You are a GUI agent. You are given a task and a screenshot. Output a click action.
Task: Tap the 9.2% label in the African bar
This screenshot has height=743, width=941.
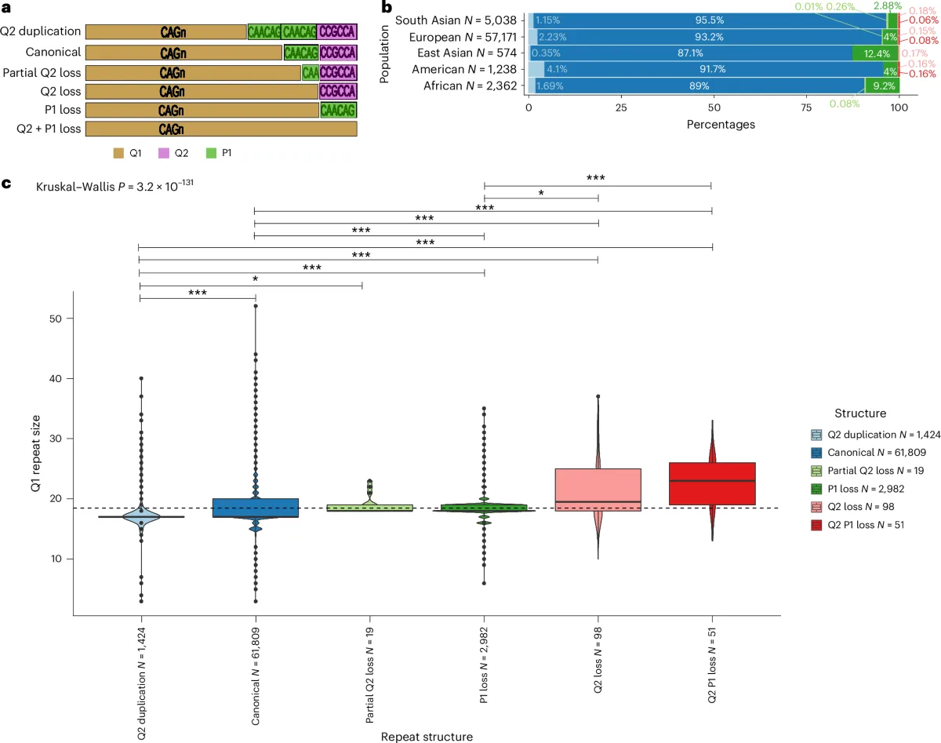880,86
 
